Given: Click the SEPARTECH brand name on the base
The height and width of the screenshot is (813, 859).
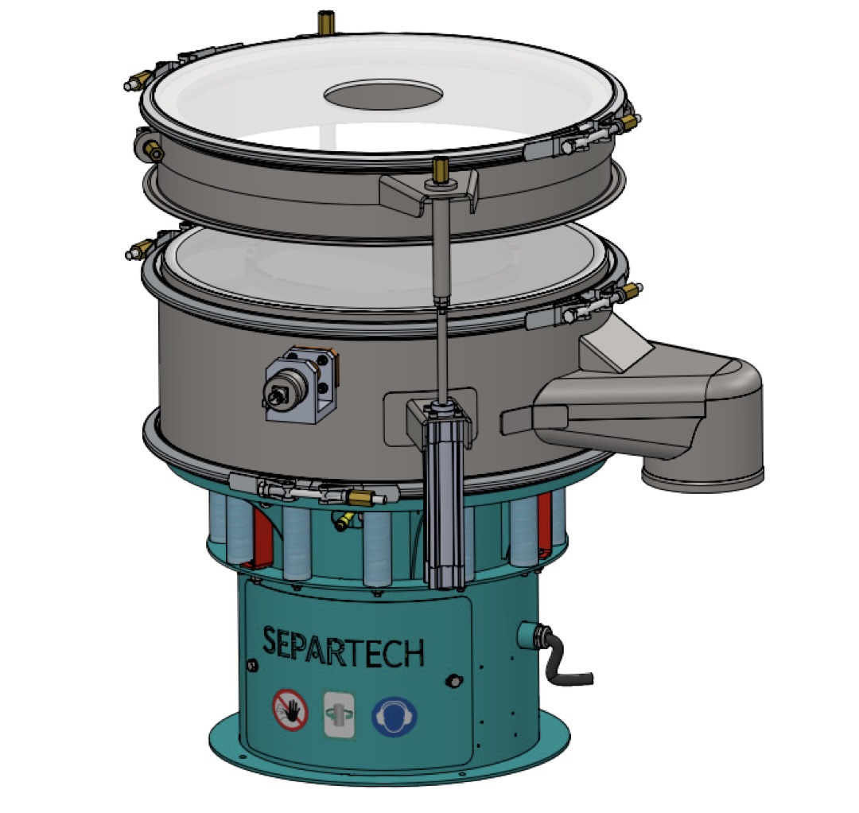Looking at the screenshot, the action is (344, 647).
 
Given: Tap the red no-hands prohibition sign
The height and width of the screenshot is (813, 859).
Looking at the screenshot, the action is (290, 710).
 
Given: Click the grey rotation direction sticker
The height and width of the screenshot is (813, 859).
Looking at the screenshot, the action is (339, 714).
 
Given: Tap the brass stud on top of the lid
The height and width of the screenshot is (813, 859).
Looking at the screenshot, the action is (326, 21).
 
